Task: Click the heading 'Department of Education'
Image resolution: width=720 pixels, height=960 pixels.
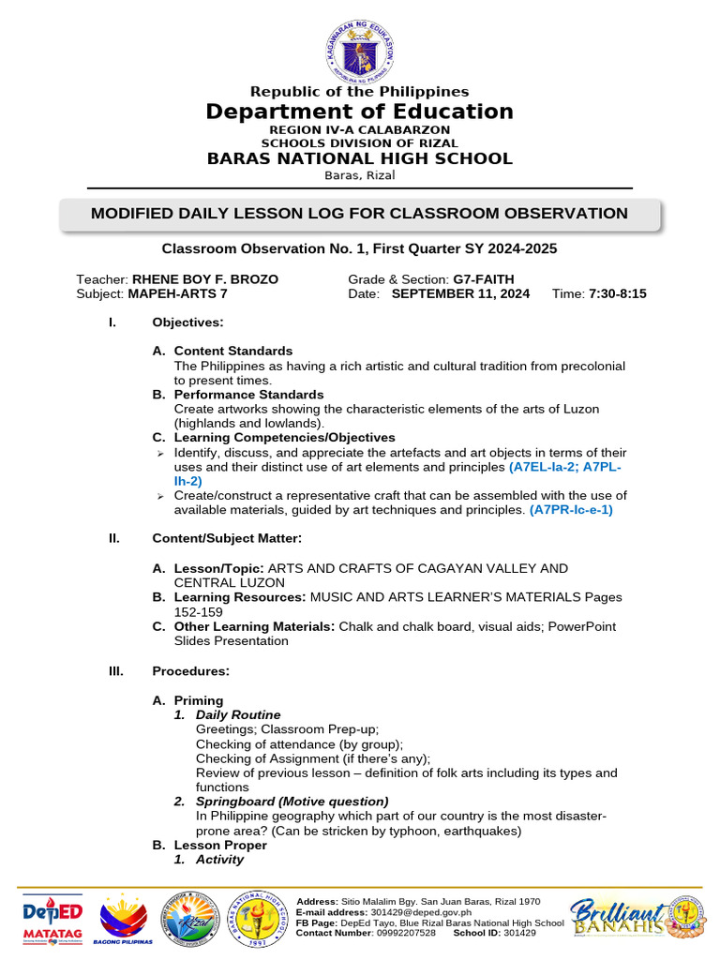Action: click(x=360, y=112)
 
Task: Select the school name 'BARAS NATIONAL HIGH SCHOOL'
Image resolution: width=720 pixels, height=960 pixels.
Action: click(x=360, y=158)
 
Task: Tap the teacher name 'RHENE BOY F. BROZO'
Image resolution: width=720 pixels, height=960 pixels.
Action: click(x=204, y=279)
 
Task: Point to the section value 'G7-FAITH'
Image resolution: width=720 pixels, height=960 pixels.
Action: click(x=484, y=279)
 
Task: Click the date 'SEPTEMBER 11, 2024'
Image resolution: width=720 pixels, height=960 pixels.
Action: click(x=460, y=293)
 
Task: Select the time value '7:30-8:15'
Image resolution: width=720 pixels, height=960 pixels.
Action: click(x=617, y=293)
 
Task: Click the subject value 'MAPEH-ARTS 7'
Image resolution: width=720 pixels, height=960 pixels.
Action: click(x=177, y=293)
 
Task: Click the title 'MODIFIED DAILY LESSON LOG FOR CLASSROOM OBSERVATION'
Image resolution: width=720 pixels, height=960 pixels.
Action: click(x=359, y=214)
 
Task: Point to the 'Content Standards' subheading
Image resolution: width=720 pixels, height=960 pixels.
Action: click(x=232, y=351)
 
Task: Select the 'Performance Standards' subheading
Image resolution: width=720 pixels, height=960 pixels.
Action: click(x=248, y=395)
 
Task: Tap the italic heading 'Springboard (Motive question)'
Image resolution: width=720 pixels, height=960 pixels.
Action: click(x=292, y=802)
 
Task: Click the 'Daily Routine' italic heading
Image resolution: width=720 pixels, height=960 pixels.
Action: click(x=238, y=714)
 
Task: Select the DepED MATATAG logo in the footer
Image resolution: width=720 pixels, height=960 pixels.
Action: click(x=52, y=916)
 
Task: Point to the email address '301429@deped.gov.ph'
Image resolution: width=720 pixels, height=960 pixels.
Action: click(x=422, y=912)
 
